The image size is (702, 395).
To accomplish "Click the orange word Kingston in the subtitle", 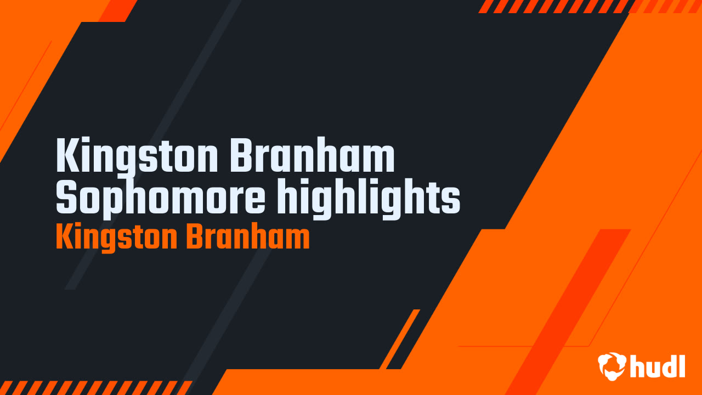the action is coord(117,238).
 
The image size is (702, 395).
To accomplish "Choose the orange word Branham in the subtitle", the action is coord(248,236).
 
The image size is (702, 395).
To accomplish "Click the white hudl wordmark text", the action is coord(658,366).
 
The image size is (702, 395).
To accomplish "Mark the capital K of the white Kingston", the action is coord(67,155).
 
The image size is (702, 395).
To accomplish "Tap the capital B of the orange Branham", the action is coord(196,236).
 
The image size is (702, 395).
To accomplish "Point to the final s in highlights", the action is coord(451,201).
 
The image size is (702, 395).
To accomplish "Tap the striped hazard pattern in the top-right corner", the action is coord(589,6).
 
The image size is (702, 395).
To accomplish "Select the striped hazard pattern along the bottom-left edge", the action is coord(95,388).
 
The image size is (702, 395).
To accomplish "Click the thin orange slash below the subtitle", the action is coord(400,339).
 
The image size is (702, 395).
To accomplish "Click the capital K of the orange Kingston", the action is coord(65,236).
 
